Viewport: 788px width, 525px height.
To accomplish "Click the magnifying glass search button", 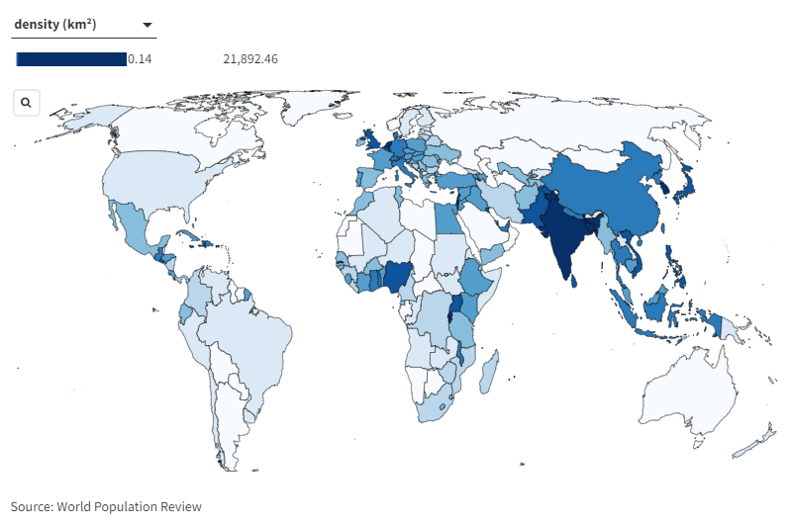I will [x=26, y=102].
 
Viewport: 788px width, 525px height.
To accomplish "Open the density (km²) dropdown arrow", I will [x=147, y=25].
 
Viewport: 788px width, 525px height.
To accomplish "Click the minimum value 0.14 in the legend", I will [x=140, y=59].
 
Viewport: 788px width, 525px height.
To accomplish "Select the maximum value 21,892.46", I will [x=250, y=59].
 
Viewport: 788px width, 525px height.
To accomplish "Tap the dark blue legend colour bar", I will [x=71, y=59].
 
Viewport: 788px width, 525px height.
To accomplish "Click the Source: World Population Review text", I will [x=106, y=506].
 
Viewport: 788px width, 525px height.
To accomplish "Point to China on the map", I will [x=604, y=198].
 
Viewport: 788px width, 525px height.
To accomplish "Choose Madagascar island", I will [x=488, y=373].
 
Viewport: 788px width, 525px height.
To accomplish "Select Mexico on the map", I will [x=134, y=229].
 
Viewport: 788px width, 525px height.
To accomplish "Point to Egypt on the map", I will [x=448, y=219].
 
